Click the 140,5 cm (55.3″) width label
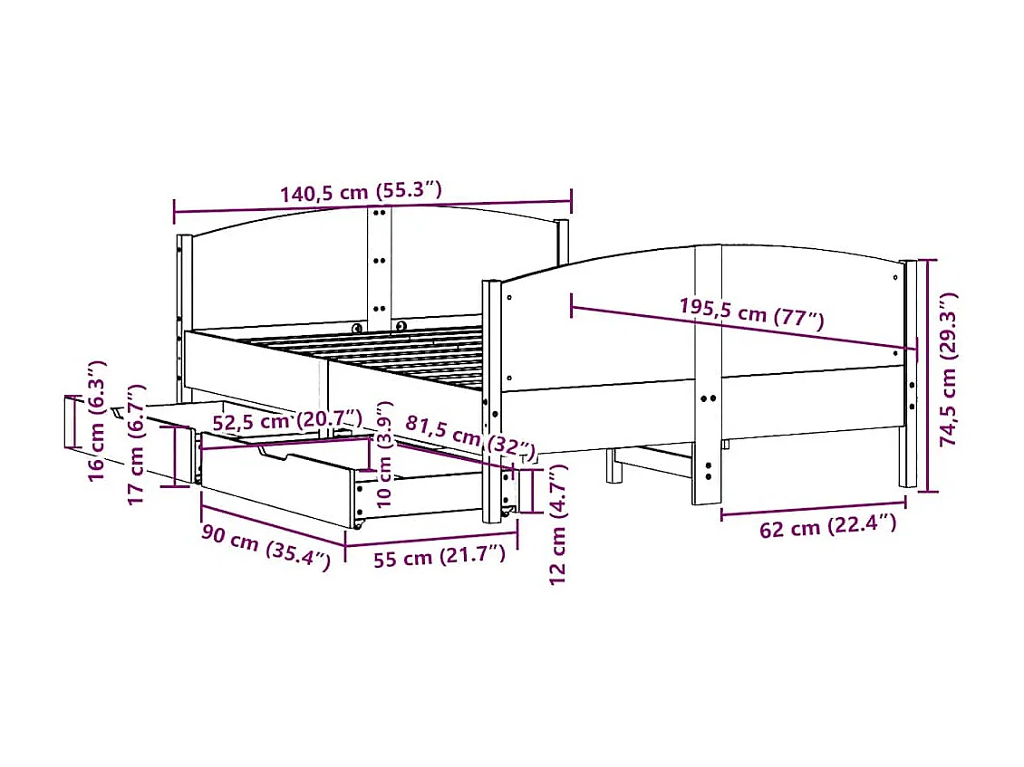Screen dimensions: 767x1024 point(361,192)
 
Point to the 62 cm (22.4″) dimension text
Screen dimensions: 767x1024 point(827,525)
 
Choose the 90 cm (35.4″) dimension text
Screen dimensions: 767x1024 point(266,546)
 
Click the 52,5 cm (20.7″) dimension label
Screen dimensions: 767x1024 point(286,420)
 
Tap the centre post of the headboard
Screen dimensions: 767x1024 point(379,263)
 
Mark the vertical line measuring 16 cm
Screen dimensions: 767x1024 point(69,421)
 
